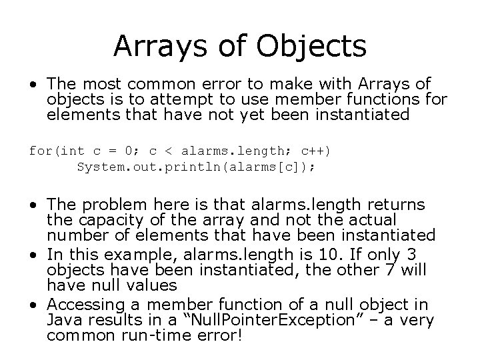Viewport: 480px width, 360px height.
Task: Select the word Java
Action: click(x=64, y=321)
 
